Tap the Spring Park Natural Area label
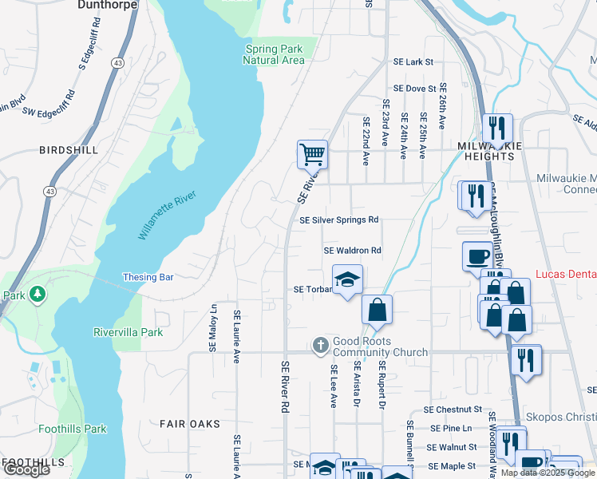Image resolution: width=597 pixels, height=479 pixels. [x=274, y=54]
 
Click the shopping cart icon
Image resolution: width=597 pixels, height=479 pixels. [x=312, y=154]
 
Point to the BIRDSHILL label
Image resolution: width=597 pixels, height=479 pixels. [x=69, y=150]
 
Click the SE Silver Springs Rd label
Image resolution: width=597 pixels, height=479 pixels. [x=338, y=220]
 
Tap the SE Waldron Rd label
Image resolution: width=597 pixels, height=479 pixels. [x=353, y=251]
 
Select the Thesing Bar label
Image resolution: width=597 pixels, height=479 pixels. [x=148, y=278]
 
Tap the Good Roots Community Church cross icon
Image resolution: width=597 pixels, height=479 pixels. [x=320, y=345]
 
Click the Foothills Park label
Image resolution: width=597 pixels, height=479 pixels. [x=73, y=429]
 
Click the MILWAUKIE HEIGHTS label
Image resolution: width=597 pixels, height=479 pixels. [x=488, y=152]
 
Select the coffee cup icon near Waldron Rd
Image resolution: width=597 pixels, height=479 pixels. [x=477, y=256]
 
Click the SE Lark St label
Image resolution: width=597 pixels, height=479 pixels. [x=413, y=62]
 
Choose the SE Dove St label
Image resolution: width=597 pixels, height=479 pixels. [x=414, y=89]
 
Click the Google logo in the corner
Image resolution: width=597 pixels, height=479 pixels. [x=26, y=469]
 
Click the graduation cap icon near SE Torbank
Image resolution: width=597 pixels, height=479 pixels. [x=347, y=279]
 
